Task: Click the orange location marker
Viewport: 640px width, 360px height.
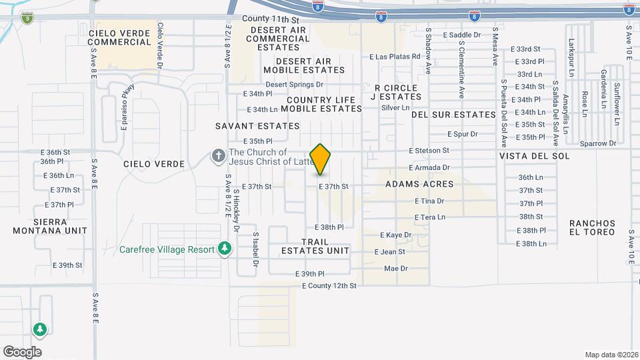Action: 321,159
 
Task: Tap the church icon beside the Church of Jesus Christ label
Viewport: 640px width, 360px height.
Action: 217,156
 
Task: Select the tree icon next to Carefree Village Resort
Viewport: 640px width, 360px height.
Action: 225,249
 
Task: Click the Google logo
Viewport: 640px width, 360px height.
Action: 22,351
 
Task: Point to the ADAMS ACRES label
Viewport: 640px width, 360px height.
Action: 419,184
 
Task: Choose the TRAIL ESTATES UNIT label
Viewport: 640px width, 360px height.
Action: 315,246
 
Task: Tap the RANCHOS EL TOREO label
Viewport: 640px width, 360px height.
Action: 592,227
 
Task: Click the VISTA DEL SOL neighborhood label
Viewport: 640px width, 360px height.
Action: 534,156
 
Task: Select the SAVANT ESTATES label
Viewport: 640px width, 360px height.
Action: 257,125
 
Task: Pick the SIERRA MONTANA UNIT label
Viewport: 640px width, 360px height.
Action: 50,226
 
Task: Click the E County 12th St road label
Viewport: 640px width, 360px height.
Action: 329,285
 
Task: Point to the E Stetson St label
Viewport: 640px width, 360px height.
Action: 429,151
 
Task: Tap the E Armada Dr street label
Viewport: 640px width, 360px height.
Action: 429,167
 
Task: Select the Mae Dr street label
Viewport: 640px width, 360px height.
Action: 395,268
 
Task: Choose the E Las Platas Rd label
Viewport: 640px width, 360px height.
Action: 395,57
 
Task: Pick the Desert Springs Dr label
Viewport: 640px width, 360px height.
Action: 294,85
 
